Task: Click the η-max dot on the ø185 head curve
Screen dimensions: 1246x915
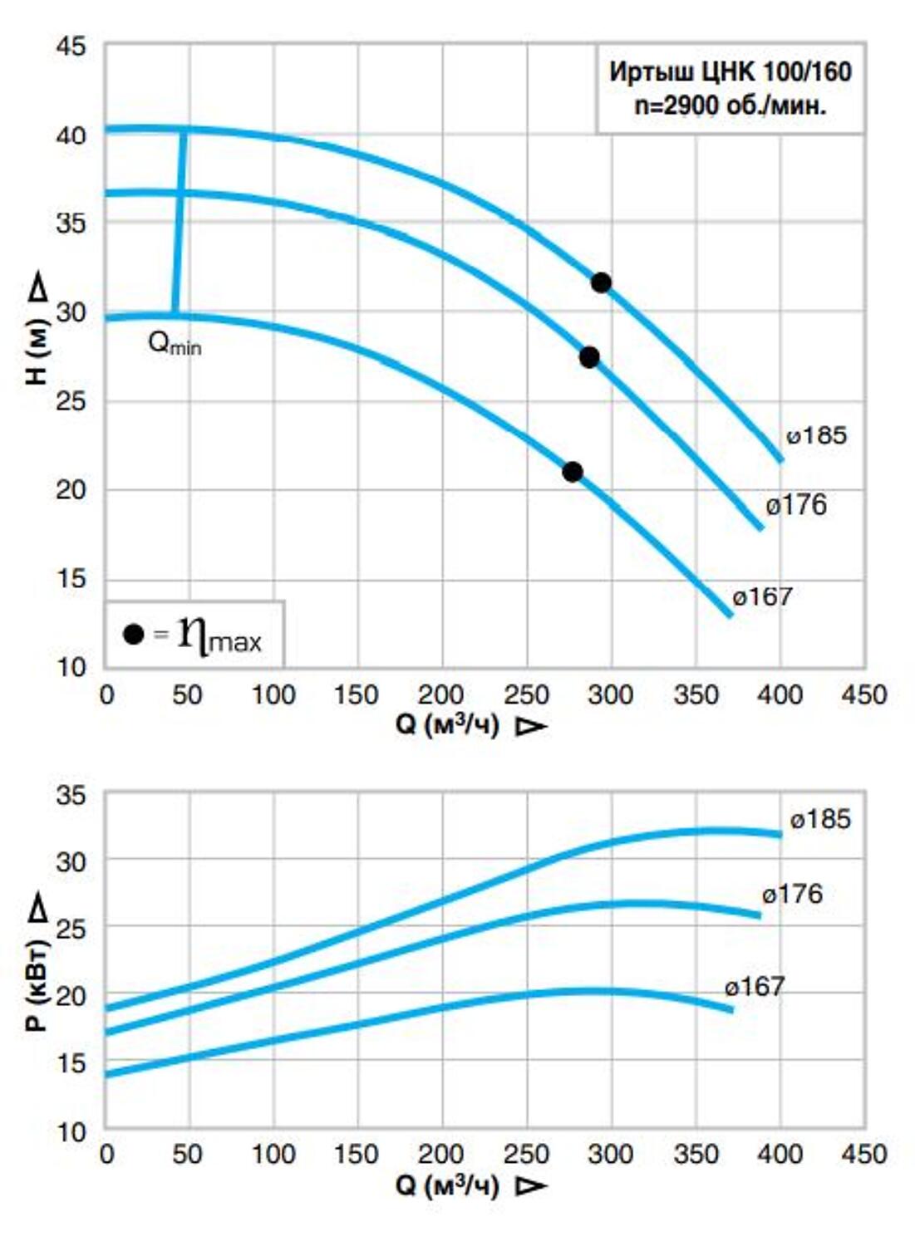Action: click(601, 282)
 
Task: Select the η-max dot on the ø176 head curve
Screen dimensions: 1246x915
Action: click(589, 358)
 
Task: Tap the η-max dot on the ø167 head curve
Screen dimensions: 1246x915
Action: click(573, 472)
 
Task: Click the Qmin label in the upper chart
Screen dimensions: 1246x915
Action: click(174, 342)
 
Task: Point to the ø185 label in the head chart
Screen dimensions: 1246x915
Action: click(816, 435)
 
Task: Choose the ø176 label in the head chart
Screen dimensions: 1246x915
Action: click(796, 505)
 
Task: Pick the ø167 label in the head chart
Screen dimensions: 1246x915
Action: click(762, 596)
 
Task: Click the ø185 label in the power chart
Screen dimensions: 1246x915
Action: click(820, 820)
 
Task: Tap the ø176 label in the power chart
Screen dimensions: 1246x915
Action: click(792, 895)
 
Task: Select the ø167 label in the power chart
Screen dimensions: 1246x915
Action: click(755, 987)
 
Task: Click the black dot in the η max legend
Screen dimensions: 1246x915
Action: click(133, 634)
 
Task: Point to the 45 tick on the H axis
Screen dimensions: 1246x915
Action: click(71, 47)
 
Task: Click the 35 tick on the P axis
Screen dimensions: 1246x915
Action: click(71, 795)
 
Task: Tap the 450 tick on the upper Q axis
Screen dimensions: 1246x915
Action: click(863, 694)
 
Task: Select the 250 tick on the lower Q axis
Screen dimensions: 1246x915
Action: click(526, 1154)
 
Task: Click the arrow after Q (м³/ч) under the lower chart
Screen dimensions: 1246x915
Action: click(530, 1185)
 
